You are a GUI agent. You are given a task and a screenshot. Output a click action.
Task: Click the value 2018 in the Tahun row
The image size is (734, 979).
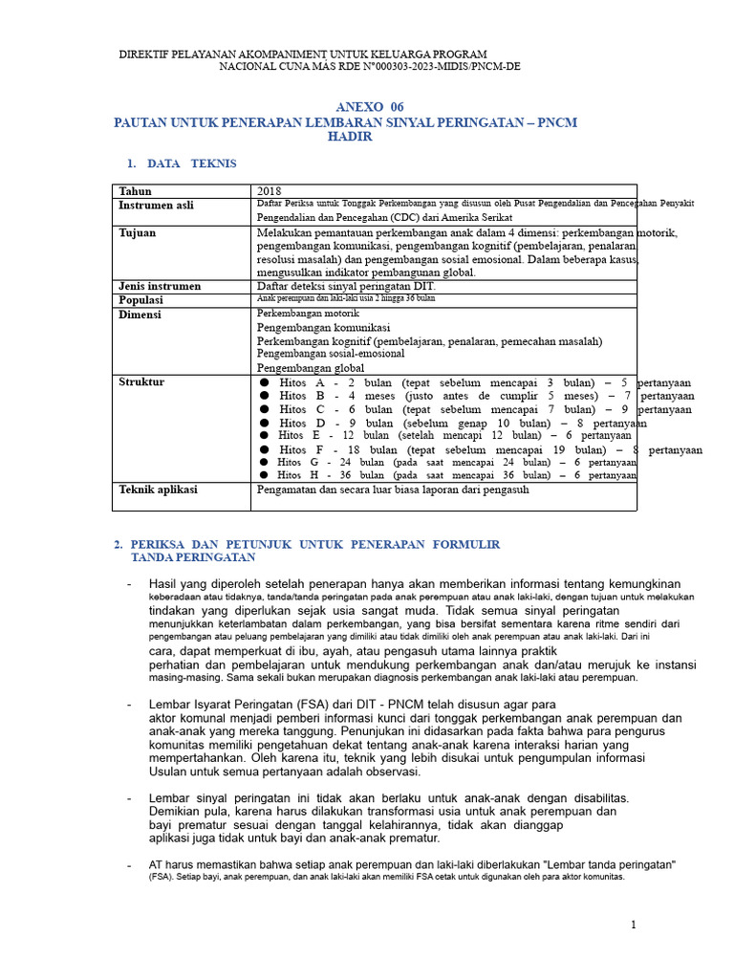[x=270, y=191]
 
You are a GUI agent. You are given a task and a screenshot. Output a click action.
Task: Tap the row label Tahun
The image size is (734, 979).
[x=135, y=191]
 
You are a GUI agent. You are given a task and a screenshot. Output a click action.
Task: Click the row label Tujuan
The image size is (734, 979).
[x=138, y=232]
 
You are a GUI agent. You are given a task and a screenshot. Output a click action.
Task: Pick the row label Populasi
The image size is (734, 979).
[x=142, y=300]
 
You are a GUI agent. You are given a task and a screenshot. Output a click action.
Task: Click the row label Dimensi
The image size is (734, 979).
[x=140, y=315]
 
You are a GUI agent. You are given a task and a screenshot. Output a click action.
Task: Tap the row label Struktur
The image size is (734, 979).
[x=141, y=381]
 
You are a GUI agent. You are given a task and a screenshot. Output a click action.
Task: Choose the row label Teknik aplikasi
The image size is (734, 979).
[x=158, y=489]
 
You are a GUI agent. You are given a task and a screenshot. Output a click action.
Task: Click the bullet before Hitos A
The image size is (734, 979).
[x=265, y=382]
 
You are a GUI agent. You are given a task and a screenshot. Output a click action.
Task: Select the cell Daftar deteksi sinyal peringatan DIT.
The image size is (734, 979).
[x=346, y=286]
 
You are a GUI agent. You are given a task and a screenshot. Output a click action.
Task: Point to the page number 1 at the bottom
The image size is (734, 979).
[x=633, y=925]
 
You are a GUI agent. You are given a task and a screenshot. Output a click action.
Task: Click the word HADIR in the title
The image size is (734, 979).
[x=350, y=137]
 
